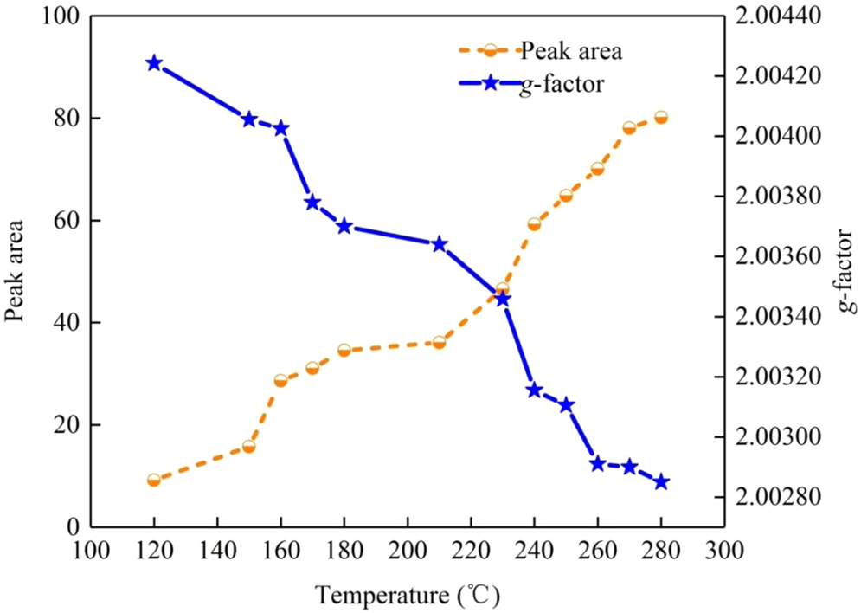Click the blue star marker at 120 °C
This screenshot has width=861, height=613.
coord(154,63)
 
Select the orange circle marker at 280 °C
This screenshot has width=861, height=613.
coord(661,118)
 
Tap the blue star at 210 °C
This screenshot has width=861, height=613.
coord(439,244)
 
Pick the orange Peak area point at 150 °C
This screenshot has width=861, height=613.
coord(249,447)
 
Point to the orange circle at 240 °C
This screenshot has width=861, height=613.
coord(534,224)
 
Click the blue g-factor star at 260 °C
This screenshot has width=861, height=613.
coord(597,463)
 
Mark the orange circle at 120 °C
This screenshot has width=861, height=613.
coord(154,480)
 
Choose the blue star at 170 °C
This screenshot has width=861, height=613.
coord(312,203)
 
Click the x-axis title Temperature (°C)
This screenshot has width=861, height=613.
coord(407,596)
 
